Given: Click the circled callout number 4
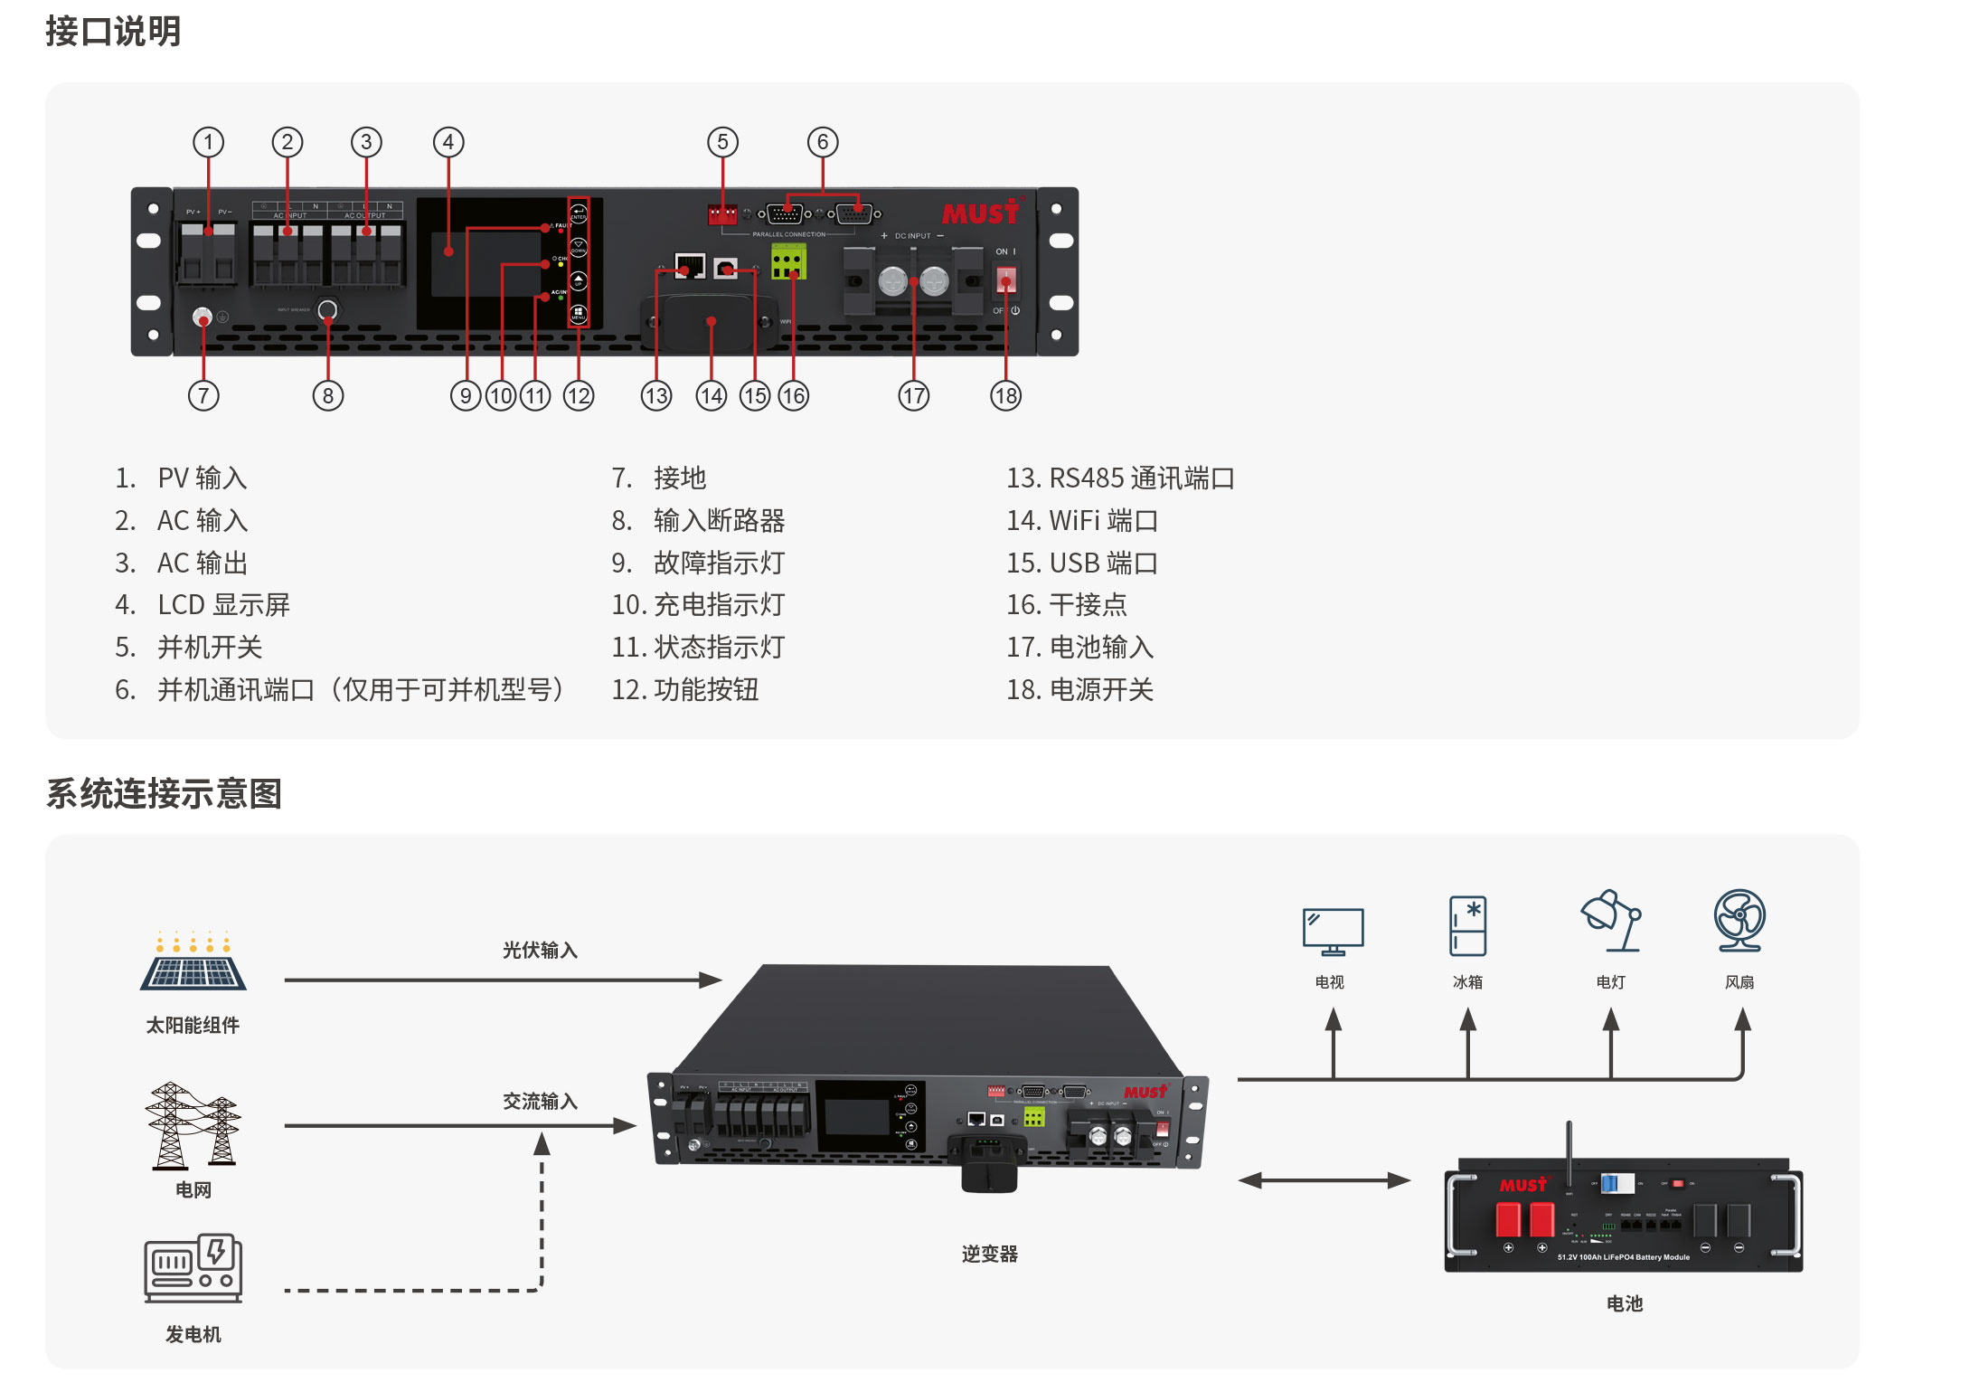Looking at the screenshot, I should tap(448, 142).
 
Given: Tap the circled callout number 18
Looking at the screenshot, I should tap(1005, 395).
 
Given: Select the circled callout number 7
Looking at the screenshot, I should tap(203, 395).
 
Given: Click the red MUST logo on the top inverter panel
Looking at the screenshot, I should tap(981, 213).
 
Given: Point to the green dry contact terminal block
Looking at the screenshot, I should tap(787, 262).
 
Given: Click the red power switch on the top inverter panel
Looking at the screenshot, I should tap(1006, 280).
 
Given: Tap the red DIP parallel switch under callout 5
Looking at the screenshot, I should tap(722, 215).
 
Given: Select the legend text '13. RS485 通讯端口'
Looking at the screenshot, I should tap(1120, 478).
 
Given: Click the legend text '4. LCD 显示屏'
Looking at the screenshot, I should tap(203, 605).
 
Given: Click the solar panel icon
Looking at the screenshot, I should tap(193, 962).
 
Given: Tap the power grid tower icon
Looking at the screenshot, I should tap(193, 1125).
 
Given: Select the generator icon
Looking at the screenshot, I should tap(193, 1268).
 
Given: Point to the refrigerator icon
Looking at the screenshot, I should tap(1467, 925).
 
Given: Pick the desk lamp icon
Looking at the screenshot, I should tap(1610, 922).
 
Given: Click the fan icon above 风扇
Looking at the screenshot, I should tap(1739, 921).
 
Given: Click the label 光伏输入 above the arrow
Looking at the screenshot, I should tap(540, 951).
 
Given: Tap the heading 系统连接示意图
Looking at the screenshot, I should tap(164, 794).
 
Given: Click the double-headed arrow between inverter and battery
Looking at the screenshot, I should tap(1324, 1180).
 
